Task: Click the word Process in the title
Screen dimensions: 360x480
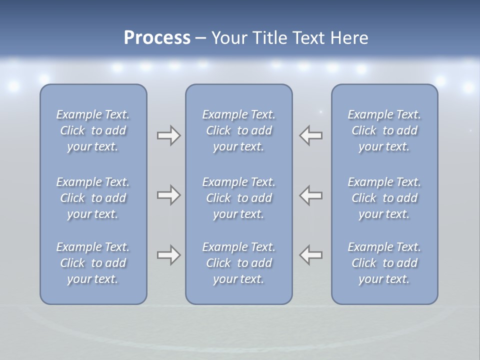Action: (157, 38)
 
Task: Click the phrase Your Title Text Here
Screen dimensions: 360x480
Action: (289, 38)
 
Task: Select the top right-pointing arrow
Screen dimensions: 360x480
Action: (168, 135)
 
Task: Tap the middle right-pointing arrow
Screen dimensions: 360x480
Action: (168, 195)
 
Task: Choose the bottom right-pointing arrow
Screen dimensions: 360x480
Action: (168, 255)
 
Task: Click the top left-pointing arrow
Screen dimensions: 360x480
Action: (310, 135)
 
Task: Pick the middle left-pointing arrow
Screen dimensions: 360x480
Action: (310, 195)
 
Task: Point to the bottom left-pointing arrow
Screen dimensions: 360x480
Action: (310, 255)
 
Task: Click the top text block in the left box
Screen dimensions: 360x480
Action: (93, 130)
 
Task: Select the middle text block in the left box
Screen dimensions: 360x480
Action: (93, 198)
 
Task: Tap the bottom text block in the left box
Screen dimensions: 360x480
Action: (93, 263)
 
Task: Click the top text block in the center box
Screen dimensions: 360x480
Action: (238, 130)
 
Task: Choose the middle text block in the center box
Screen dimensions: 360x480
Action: (238, 198)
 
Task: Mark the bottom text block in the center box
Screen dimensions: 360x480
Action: (238, 263)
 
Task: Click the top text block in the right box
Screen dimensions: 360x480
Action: (384, 130)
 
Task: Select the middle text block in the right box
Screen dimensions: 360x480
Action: (384, 198)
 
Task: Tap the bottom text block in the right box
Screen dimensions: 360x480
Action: (384, 263)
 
